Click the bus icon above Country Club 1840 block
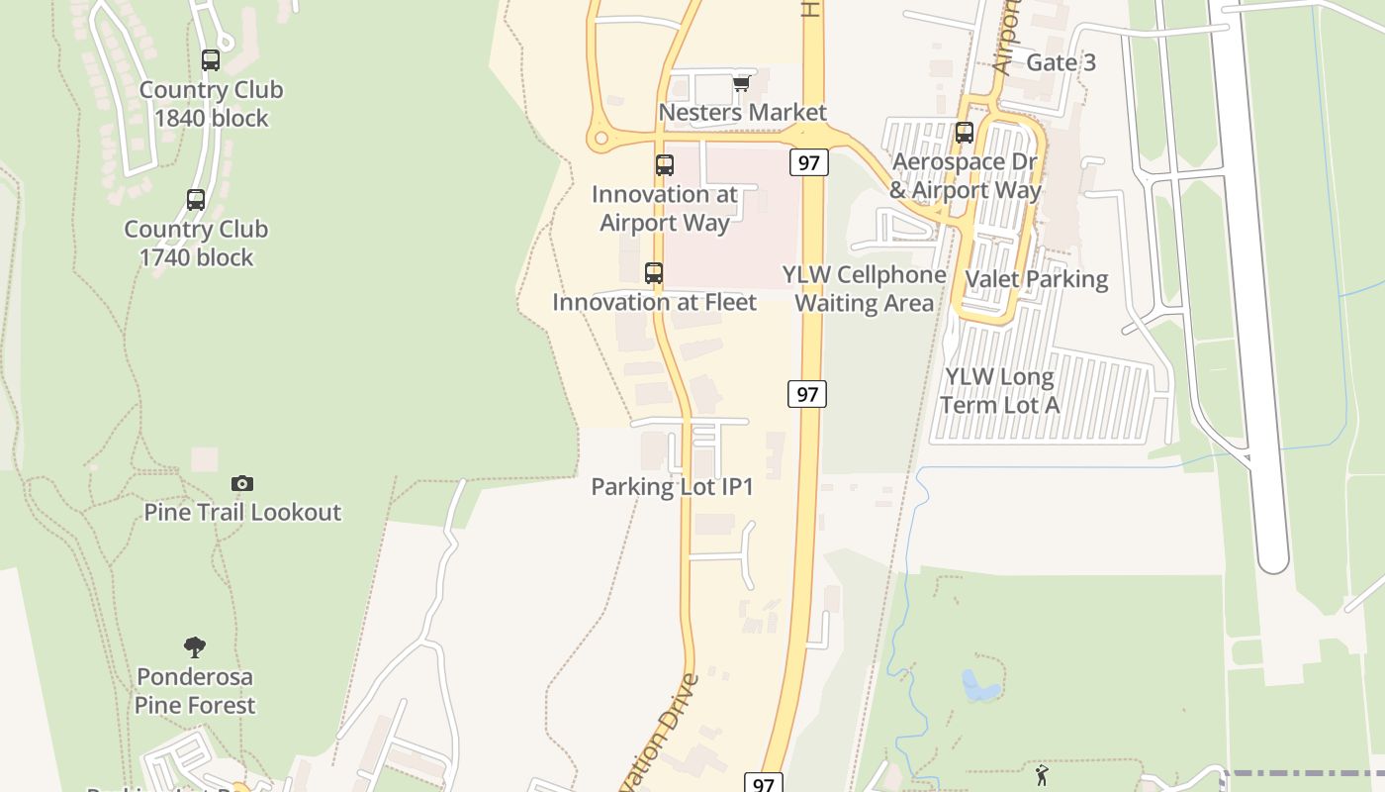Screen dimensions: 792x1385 (211, 60)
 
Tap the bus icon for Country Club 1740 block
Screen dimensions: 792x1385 (196, 200)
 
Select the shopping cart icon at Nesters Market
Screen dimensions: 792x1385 (741, 84)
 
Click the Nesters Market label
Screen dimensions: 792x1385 (742, 112)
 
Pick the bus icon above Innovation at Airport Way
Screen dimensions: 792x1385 (665, 165)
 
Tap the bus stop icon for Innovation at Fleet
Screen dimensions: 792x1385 (653, 273)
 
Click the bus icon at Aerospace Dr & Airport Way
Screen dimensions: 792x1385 (965, 133)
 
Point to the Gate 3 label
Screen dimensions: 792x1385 (1061, 62)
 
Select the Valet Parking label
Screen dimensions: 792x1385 (1036, 278)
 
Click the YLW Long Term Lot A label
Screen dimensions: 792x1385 (999, 390)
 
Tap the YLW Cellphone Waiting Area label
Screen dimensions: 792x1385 (865, 288)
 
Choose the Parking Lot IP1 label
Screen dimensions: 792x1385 (672, 486)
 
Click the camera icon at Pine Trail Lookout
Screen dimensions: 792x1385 (242, 483)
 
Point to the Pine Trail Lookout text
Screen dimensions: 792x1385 (242, 512)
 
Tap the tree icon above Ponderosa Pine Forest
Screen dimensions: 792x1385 (195, 647)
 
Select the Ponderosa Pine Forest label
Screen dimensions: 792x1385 (195, 691)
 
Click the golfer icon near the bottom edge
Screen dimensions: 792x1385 (1041, 774)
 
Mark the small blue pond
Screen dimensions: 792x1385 (979, 686)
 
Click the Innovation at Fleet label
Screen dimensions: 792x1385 (654, 302)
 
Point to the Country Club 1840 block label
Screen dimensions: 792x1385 (211, 104)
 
